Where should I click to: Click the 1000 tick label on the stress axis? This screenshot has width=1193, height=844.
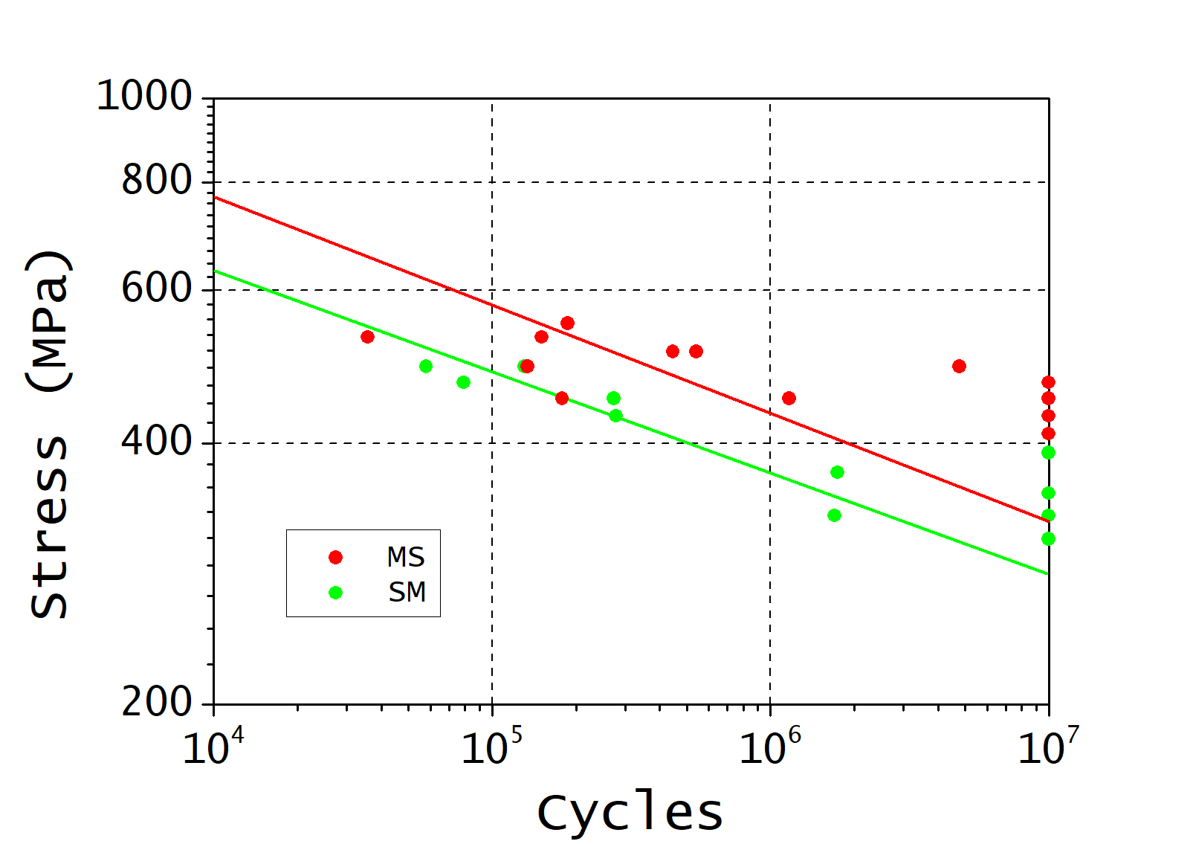pos(144,97)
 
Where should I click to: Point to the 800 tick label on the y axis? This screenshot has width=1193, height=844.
pos(157,181)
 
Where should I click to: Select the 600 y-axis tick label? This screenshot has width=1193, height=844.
pos(157,289)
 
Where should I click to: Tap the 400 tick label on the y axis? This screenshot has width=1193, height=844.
pos(157,442)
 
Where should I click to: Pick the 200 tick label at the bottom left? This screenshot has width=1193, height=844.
pos(157,702)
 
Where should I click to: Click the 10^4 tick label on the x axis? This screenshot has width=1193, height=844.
pos(213,746)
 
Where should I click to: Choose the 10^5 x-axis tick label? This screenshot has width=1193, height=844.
pos(491,746)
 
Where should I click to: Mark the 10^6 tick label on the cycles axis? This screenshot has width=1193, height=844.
pos(769,746)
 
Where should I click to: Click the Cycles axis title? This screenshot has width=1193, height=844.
pos(630,812)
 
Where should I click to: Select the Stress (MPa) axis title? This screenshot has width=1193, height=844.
pos(49,434)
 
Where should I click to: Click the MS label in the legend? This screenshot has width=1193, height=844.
pos(406,557)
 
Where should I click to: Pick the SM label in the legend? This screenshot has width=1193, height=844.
pos(407,593)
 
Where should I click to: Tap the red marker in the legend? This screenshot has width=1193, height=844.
pos(335,557)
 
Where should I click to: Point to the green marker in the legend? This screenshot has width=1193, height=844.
pos(335,593)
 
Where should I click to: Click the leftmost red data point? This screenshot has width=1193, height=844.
pos(367,337)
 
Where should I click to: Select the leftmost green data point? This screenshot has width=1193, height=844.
pos(426,366)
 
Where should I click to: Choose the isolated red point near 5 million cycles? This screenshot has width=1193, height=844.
pos(959,366)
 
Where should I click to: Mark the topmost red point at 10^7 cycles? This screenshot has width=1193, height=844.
pos(1048,382)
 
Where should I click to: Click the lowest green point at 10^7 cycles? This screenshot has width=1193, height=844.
pos(1048,538)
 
